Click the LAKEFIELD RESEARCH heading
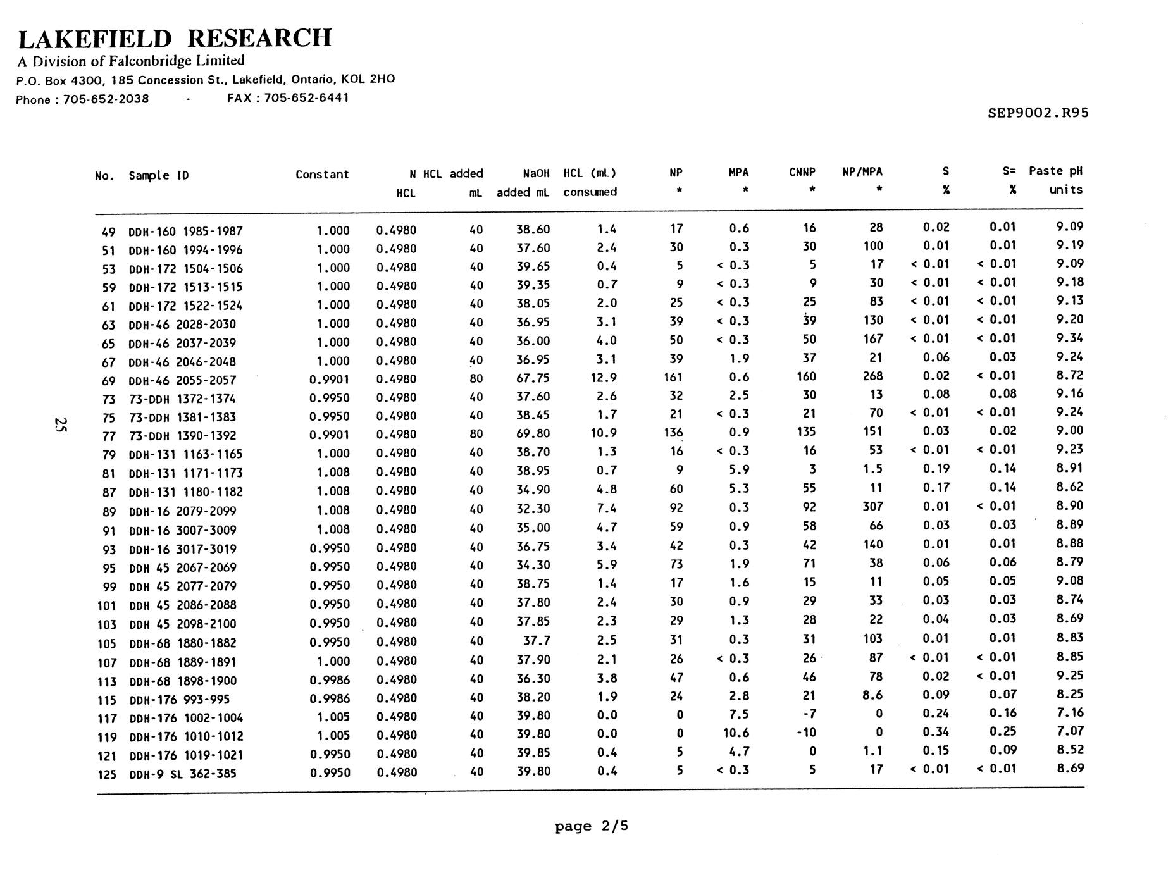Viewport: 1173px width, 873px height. click(175, 39)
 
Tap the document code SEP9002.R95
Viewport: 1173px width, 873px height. click(1038, 113)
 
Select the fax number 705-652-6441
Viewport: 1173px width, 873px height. click(306, 98)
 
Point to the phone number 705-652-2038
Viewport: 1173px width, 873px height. click(106, 99)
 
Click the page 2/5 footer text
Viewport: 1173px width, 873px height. click(592, 826)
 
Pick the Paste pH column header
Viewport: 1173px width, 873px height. click(1055, 171)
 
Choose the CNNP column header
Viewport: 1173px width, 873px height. click(802, 172)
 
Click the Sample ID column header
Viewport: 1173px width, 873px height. click(158, 175)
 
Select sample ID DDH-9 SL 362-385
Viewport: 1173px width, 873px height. click(182, 773)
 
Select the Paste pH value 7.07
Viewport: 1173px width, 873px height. click(1069, 731)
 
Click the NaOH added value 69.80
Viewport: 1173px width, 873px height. click(533, 433)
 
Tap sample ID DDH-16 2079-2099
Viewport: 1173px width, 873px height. click(185, 511)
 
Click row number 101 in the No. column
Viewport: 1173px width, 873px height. click(107, 605)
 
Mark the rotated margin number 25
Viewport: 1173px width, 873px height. click(60, 424)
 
